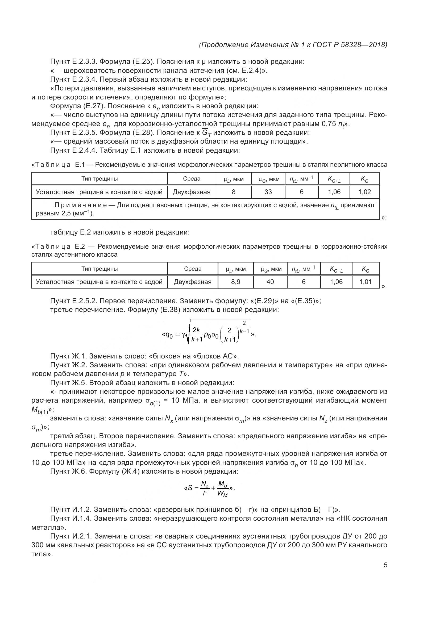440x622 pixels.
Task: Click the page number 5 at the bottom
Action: [x=385, y=565]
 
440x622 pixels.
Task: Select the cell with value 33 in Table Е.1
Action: [x=268, y=192]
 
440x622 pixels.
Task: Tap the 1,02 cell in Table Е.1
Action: [x=364, y=192]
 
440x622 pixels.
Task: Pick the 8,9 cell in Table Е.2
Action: [x=235, y=282]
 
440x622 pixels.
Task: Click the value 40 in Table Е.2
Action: [x=270, y=282]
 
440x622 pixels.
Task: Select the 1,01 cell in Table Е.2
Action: [x=366, y=282]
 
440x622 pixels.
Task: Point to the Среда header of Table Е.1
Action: [x=192, y=179]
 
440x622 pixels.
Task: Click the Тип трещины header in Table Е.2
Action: [x=99, y=269]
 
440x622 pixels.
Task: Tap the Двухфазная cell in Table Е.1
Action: [x=192, y=192]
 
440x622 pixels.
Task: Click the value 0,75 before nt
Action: [x=329, y=124]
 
